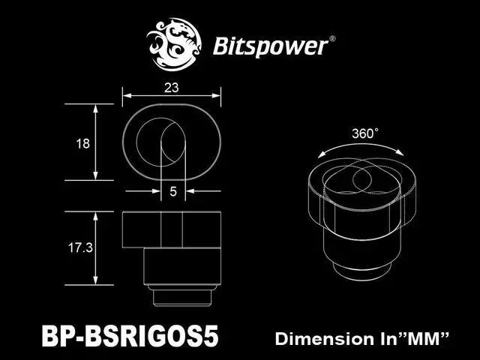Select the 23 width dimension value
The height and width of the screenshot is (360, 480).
(172, 87)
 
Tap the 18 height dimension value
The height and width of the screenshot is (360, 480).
(82, 143)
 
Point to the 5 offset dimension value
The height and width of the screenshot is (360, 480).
(172, 192)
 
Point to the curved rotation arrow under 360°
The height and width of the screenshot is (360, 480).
(364, 148)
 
